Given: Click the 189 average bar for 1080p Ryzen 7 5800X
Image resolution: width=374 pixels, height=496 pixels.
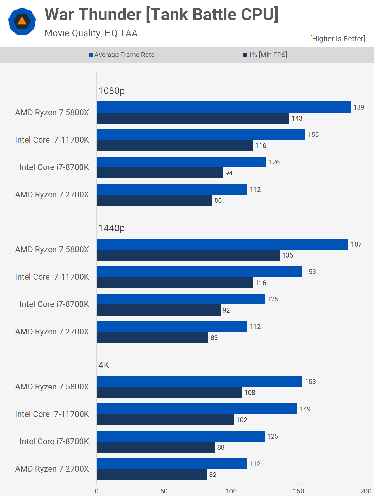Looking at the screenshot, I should pos(224,107).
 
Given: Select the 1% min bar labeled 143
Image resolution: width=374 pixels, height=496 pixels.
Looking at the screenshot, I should pos(193,118).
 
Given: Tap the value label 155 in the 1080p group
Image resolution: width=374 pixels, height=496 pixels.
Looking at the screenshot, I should pos(313,135).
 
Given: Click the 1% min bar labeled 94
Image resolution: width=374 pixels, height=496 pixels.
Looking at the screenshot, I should pos(160,173).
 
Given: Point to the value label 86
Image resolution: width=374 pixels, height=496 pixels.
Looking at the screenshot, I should pos(218,200).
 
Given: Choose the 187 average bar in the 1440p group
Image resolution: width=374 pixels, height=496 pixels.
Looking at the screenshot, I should pos(222,244).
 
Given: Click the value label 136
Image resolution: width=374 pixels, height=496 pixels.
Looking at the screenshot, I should pos(287,255).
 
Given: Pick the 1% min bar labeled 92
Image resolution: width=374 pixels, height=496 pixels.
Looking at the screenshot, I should pos(158,310).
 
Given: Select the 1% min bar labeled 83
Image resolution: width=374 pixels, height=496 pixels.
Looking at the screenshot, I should pos(152,337).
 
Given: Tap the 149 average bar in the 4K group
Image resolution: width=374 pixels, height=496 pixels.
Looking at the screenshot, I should pos(197,409).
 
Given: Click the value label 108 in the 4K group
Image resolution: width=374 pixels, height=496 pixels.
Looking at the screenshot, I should pos(250,393).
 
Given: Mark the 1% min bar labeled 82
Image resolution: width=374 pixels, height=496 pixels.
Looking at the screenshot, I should pos(152,475).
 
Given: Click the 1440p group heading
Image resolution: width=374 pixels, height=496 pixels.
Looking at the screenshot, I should pos(112,228).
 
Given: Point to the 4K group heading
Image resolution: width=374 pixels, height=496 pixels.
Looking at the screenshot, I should pos(104,365).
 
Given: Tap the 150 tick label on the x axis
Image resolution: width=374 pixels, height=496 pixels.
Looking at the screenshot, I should pos(299,491).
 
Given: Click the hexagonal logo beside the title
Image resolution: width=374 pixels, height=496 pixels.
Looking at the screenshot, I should pos(22,22).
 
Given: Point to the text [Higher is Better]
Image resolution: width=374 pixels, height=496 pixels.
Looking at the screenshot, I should pos(337,39).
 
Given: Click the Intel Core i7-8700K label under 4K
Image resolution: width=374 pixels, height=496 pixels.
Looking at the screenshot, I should pos(54,441).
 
